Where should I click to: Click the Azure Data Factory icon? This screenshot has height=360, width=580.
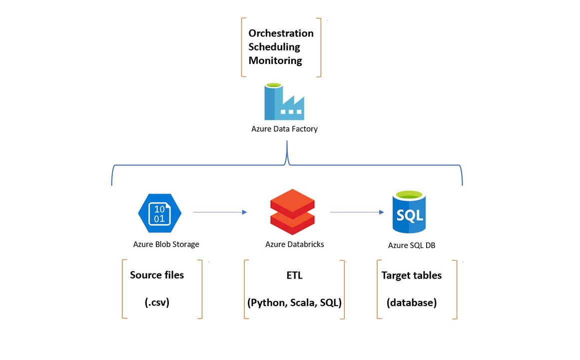coord(284,102)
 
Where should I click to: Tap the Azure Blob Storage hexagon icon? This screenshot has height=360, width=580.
coord(159,213)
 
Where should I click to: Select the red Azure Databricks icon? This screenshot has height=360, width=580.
coord(292,212)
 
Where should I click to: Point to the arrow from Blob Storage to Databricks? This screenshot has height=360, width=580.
coord(220,212)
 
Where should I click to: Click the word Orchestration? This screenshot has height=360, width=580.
coord(281,33)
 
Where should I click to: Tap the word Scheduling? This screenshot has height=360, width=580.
coord(274,47)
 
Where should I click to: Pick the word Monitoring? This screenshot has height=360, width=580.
coord(275,60)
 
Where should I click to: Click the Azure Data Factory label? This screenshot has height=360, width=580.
coord(284,129)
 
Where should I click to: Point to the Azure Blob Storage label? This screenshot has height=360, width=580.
coord(166,244)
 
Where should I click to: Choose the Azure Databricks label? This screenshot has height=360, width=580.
coord(295,244)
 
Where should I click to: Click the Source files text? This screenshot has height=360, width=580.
coord(157,275)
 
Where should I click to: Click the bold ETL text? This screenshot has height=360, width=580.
coord(295,275)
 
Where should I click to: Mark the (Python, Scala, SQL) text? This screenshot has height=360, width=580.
coord(294,303)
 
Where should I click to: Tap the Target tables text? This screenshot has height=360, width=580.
coord(412,275)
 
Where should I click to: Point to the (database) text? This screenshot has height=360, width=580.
coord(412,303)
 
